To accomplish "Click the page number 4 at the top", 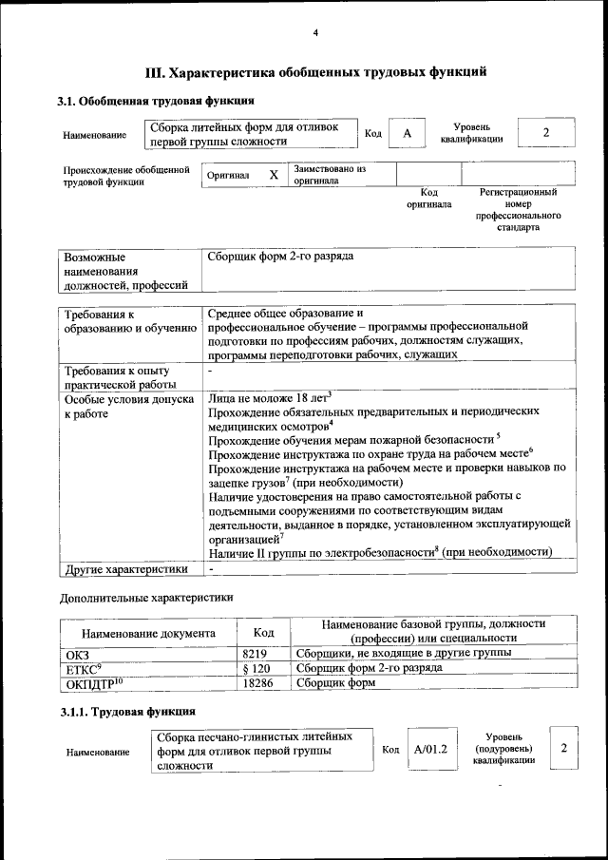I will [315, 34].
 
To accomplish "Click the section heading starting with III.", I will [315, 71].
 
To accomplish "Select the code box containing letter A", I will [407, 134].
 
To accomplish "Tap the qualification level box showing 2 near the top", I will [546, 133].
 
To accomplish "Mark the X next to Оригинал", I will [274, 175].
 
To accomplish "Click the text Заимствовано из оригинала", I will [330, 175].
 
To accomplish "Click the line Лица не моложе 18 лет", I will [269, 396].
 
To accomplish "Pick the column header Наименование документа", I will [148, 633].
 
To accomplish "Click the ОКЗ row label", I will [76, 655].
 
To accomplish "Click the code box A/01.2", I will [430, 750].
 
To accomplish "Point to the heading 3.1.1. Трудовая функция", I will [128, 711].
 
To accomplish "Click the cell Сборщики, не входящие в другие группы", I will [404, 654].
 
